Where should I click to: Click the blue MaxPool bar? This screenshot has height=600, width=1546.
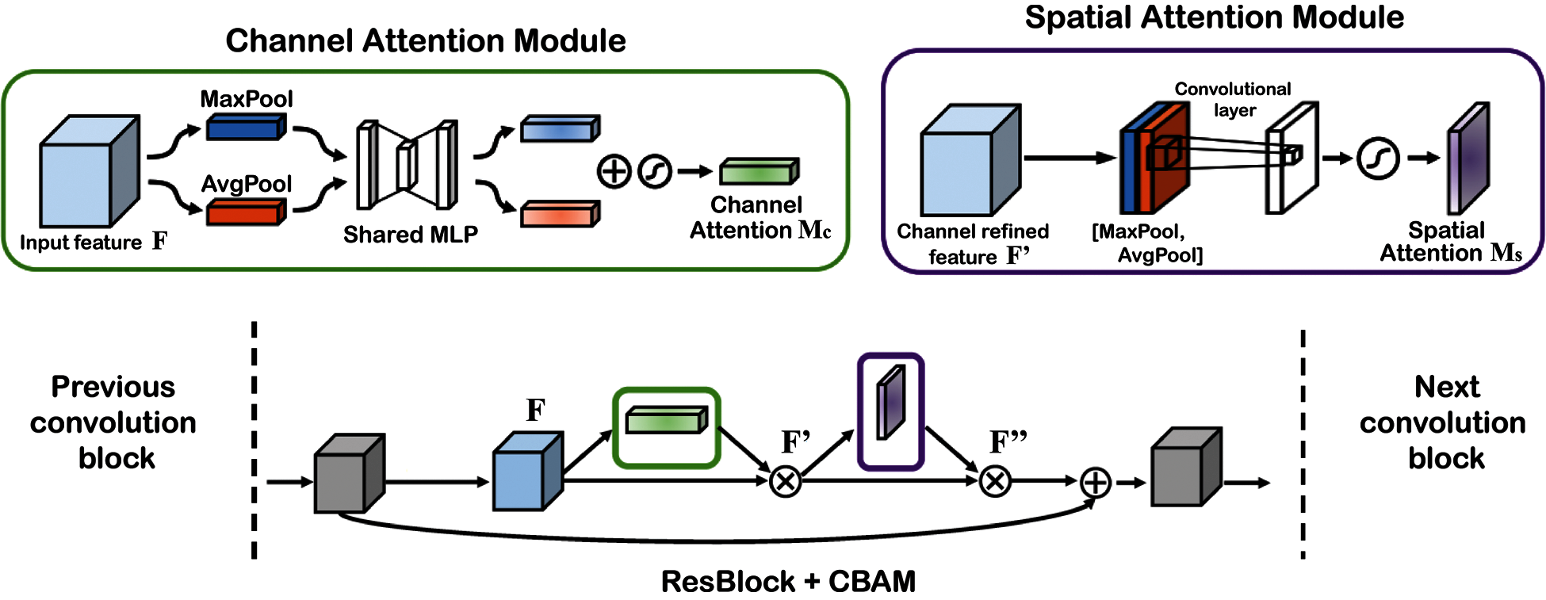(x=245, y=127)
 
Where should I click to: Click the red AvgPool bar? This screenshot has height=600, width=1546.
(x=245, y=212)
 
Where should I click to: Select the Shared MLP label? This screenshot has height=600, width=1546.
(x=410, y=235)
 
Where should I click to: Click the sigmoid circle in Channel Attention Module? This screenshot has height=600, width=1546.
(x=655, y=171)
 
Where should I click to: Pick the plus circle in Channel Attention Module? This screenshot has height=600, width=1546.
(x=614, y=171)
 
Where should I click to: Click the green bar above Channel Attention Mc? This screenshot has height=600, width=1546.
(x=759, y=171)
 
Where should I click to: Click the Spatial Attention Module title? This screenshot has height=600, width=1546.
(x=1214, y=17)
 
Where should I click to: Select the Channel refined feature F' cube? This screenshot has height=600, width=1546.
(x=969, y=162)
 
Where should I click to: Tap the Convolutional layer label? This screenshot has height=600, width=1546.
(x=1233, y=99)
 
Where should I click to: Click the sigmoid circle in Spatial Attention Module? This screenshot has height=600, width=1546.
(x=1378, y=159)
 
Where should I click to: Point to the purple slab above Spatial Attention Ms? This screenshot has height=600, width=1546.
(x=1468, y=159)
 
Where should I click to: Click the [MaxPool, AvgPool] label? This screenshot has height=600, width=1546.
(x=1147, y=243)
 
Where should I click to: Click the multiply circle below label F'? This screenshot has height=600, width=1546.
(x=786, y=481)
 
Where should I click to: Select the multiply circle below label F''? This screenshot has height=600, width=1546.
(x=995, y=481)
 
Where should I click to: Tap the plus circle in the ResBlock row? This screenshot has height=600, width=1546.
(x=1095, y=482)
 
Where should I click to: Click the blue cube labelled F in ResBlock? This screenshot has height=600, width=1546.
(x=526, y=472)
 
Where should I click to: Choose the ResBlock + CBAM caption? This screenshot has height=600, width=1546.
(x=788, y=582)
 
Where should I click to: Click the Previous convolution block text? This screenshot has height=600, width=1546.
(x=113, y=422)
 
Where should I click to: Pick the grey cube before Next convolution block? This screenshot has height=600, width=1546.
(x=1184, y=468)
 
